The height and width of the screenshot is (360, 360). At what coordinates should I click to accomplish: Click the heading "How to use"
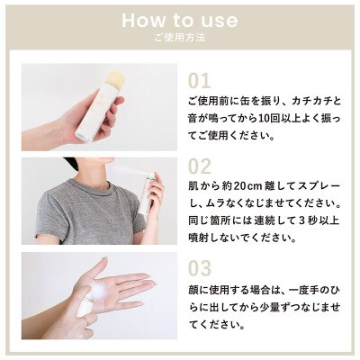(180, 20)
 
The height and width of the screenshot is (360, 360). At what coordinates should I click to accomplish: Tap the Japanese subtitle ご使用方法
(180, 40)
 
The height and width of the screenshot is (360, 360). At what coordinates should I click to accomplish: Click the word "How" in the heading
(140, 20)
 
